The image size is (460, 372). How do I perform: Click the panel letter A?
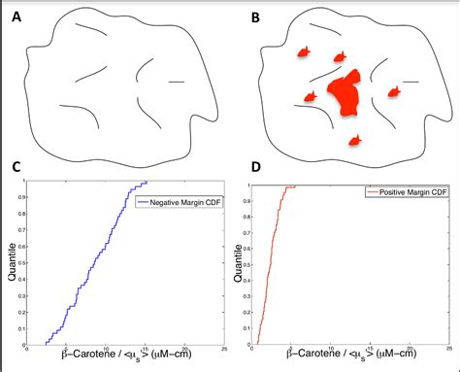16,15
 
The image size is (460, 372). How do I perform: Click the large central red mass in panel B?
345,95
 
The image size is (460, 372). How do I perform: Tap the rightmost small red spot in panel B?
394,92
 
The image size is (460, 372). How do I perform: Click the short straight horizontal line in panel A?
177,82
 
